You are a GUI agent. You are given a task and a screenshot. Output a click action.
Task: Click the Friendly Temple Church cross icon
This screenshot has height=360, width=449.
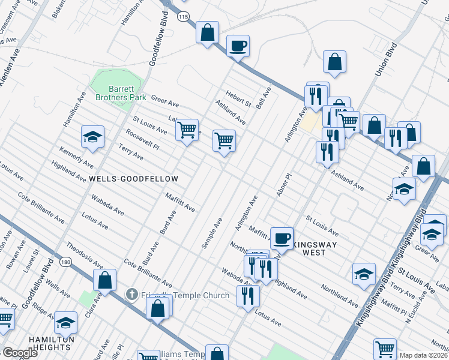131,295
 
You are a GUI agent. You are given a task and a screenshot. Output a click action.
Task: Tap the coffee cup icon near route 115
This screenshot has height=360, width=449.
238,45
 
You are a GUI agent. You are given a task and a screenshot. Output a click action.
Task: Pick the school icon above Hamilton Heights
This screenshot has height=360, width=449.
65,323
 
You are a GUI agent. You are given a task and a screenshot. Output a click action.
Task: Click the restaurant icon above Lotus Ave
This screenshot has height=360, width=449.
247,294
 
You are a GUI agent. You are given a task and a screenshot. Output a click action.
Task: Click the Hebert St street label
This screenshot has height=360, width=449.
238,98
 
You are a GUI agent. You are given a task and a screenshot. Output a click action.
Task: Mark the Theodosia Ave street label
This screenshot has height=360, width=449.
83,253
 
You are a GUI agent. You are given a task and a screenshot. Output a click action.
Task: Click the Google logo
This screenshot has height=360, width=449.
20,353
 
